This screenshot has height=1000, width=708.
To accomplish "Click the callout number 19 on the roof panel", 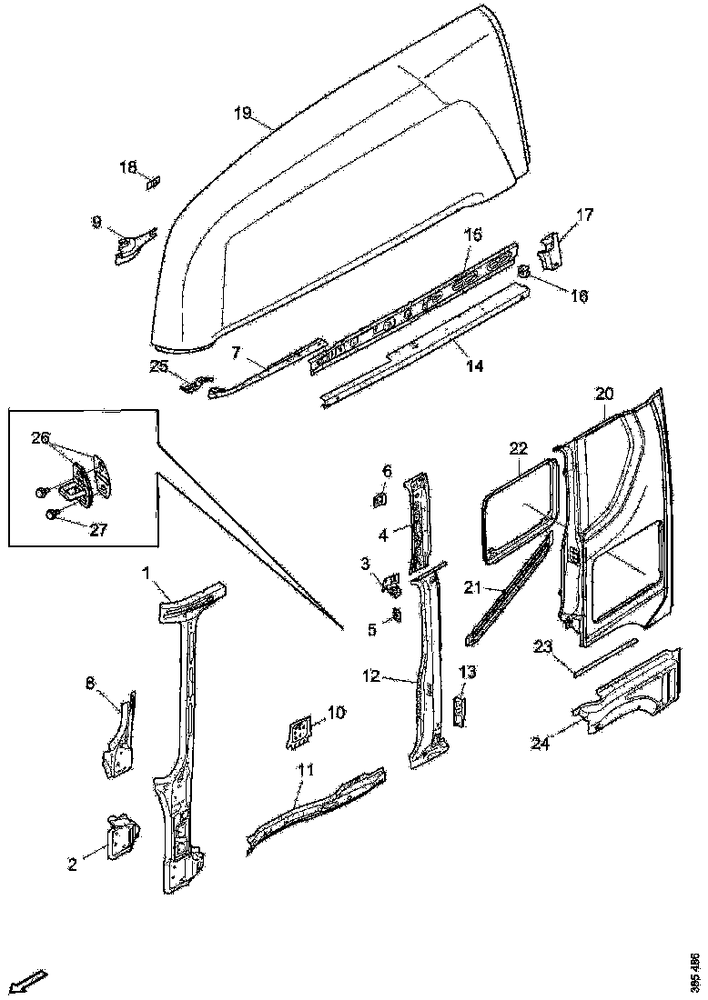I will pyautogui.click(x=241, y=113).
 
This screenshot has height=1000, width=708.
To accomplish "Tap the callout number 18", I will pyautogui.click(x=128, y=167).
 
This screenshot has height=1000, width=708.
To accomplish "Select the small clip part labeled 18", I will pyautogui.click(x=153, y=182).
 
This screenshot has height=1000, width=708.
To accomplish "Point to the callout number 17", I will pyautogui.click(x=584, y=215).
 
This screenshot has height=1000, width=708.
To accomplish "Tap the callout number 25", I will pyautogui.click(x=159, y=365).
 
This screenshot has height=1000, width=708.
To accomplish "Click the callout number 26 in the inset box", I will pyautogui.click(x=40, y=437).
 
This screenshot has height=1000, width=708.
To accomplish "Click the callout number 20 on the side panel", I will pyautogui.click(x=605, y=394).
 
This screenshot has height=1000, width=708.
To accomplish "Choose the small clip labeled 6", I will pyautogui.click(x=379, y=498).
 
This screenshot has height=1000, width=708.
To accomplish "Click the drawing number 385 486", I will pyautogui.click(x=695, y=972).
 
